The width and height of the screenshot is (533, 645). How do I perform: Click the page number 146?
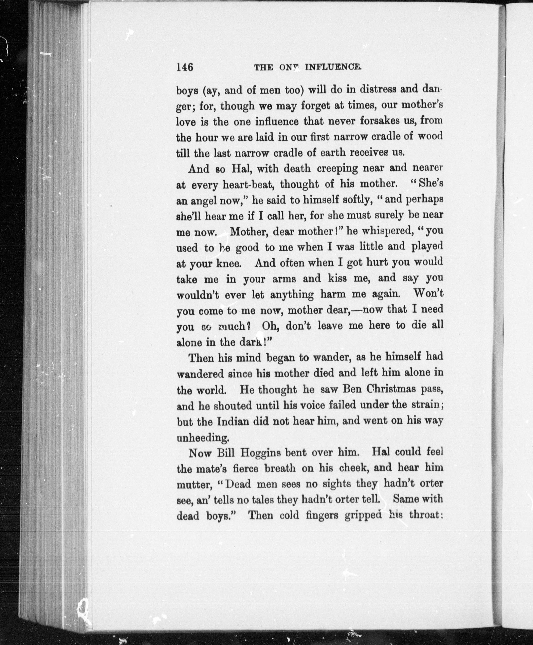[x=185, y=67]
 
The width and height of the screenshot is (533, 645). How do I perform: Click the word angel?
[x=203, y=201]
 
